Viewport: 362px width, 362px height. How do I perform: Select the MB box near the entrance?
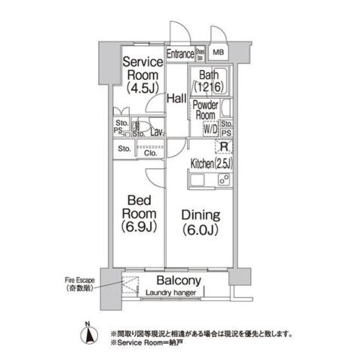point(219,53)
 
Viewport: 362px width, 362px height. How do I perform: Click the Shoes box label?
point(201,53)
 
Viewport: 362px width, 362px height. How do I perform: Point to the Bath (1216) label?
point(210,81)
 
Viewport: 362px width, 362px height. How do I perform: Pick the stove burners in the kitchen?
point(223,180)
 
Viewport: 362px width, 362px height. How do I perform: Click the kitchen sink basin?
point(198,180)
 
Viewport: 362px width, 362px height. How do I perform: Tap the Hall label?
point(176,99)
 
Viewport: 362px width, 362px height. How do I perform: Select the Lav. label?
point(157,133)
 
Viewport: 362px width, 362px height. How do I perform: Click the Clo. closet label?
point(150,150)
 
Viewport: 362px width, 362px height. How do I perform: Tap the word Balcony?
point(178,278)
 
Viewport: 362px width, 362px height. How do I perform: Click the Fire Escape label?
point(79,284)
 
